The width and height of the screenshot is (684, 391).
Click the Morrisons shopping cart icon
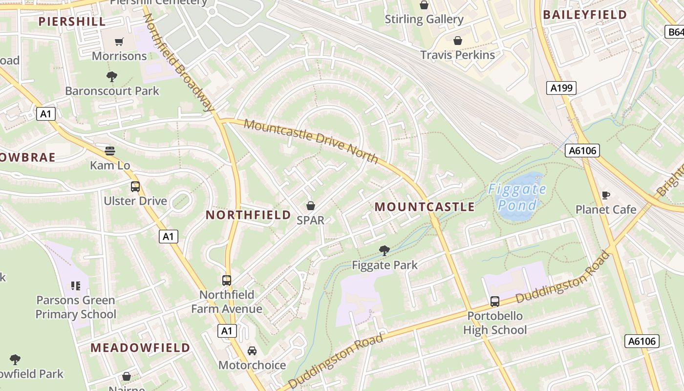[119, 42]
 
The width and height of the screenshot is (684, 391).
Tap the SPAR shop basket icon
[311, 206]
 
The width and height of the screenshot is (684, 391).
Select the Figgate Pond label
[517, 197]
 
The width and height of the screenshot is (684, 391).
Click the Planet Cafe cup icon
[606, 195]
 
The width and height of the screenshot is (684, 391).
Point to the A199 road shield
[561, 88]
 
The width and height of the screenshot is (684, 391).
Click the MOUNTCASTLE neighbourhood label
[425, 207]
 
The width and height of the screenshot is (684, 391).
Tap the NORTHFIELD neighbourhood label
[248, 215]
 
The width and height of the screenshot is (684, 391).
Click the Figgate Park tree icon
[385, 251]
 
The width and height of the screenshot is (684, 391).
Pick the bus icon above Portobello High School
[495, 302]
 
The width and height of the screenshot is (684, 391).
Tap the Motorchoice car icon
[252, 351]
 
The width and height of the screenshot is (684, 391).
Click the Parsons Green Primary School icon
[75, 285]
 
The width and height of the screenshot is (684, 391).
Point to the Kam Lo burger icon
[110, 151]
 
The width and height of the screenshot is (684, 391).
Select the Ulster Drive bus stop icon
[135, 187]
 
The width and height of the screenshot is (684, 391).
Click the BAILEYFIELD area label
[585, 15]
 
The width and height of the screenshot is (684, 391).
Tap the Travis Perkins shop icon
[458, 41]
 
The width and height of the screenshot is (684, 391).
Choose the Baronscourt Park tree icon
[112, 76]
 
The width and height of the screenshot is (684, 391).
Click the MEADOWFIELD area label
[140, 348]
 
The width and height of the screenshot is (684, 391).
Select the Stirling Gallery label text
[424, 20]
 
